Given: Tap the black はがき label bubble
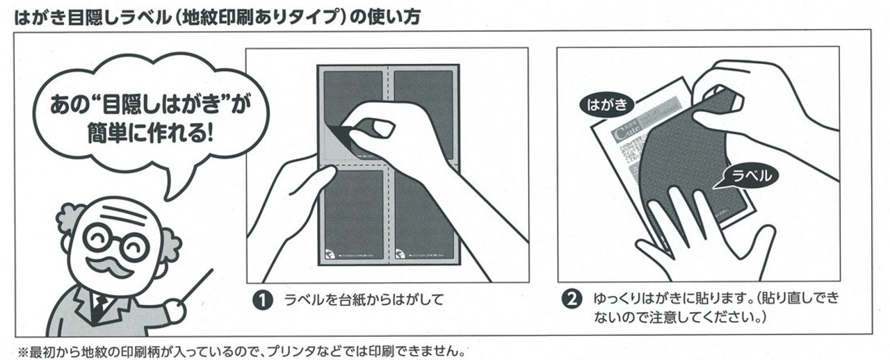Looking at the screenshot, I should (607, 106).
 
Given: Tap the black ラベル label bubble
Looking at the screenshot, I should (748, 177).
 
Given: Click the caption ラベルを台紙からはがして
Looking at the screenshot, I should (364, 300).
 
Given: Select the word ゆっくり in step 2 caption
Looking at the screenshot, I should (617, 300).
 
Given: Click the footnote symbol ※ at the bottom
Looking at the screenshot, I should (20, 351).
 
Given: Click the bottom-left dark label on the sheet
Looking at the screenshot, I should (354, 212).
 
